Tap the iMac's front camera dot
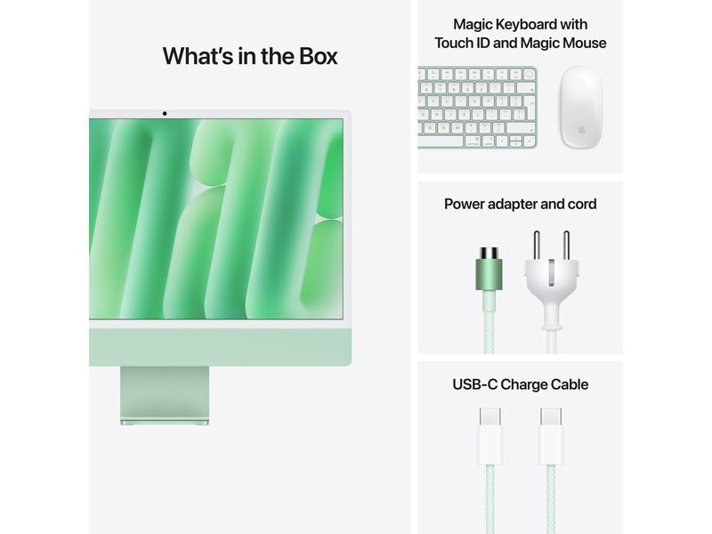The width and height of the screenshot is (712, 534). pyautogui.click(x=165, y=114)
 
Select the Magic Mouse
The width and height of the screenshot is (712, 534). pyautogui.click(x=580, y=108)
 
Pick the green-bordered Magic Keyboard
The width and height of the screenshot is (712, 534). pyautogui.click(x=477, y=108)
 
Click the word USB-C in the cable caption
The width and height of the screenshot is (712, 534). pyautogui.click(x=475, y=384)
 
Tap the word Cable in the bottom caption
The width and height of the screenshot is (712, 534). pyautogui.click(x=569, y=384)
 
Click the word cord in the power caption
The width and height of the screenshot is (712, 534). pyautogui.click(x=579, y=204)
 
